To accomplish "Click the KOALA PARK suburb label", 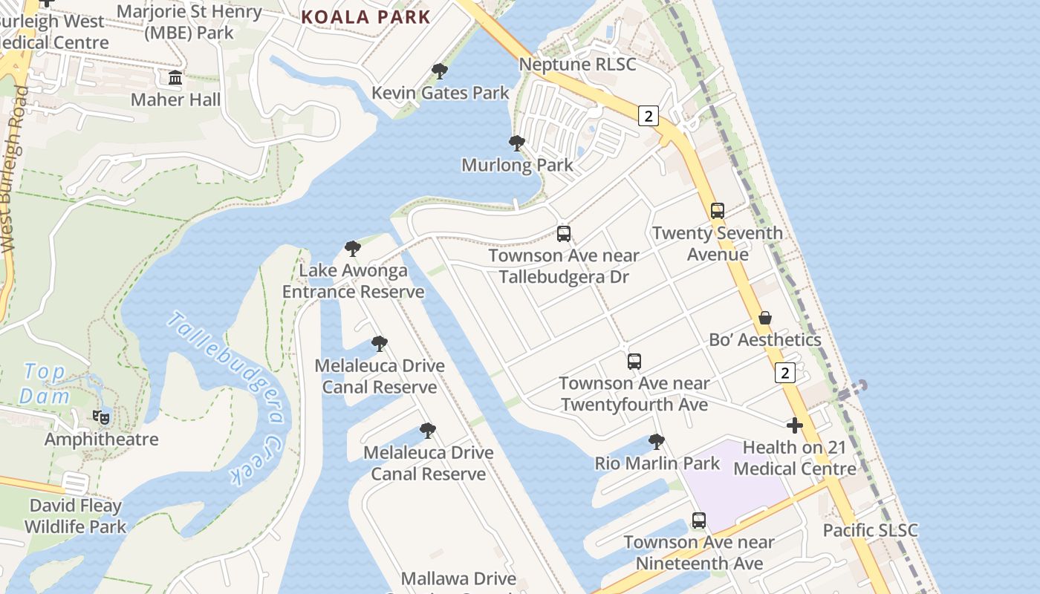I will click(x=365, y=17).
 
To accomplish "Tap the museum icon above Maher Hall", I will click(x=175, y=77).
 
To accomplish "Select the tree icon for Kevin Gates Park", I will click(x=440, y=71).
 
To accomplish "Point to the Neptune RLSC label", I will click(x=577, y=65).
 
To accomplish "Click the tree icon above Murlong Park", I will click(x=517, y=143).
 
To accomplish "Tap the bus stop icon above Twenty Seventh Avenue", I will click(x=717, y=210).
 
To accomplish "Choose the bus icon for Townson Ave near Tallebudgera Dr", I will click(x=564, y=234).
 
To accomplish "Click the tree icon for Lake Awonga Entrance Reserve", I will click(x=353, y=248).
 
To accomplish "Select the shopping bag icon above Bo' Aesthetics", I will click(x=765, y=318).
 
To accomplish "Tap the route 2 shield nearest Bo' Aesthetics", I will click(x=784, y=372).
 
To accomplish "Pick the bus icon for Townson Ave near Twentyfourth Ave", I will click(x=634, y=362).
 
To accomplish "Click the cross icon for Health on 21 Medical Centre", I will click(x=795, y=425).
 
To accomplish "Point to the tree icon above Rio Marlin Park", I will click(x=657, y=442).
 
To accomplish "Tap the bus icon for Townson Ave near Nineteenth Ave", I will click(x=699, y=520).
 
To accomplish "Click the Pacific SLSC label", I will click(x=870, y=531).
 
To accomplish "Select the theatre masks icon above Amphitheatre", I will click(x=101, y=417).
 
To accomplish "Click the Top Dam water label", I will click(x=45, y=384).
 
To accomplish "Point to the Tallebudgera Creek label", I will click(x=227, y=397).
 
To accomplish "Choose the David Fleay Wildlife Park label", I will click(x=75, y=517).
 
